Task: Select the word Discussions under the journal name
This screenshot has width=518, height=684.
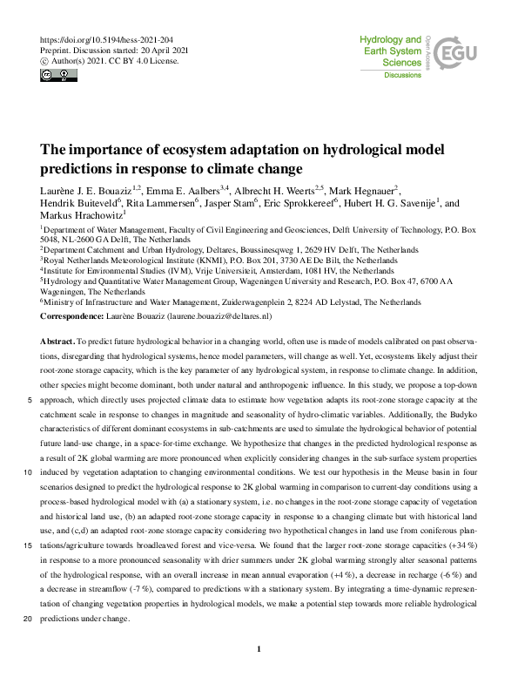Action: click(x=402, y=76)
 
